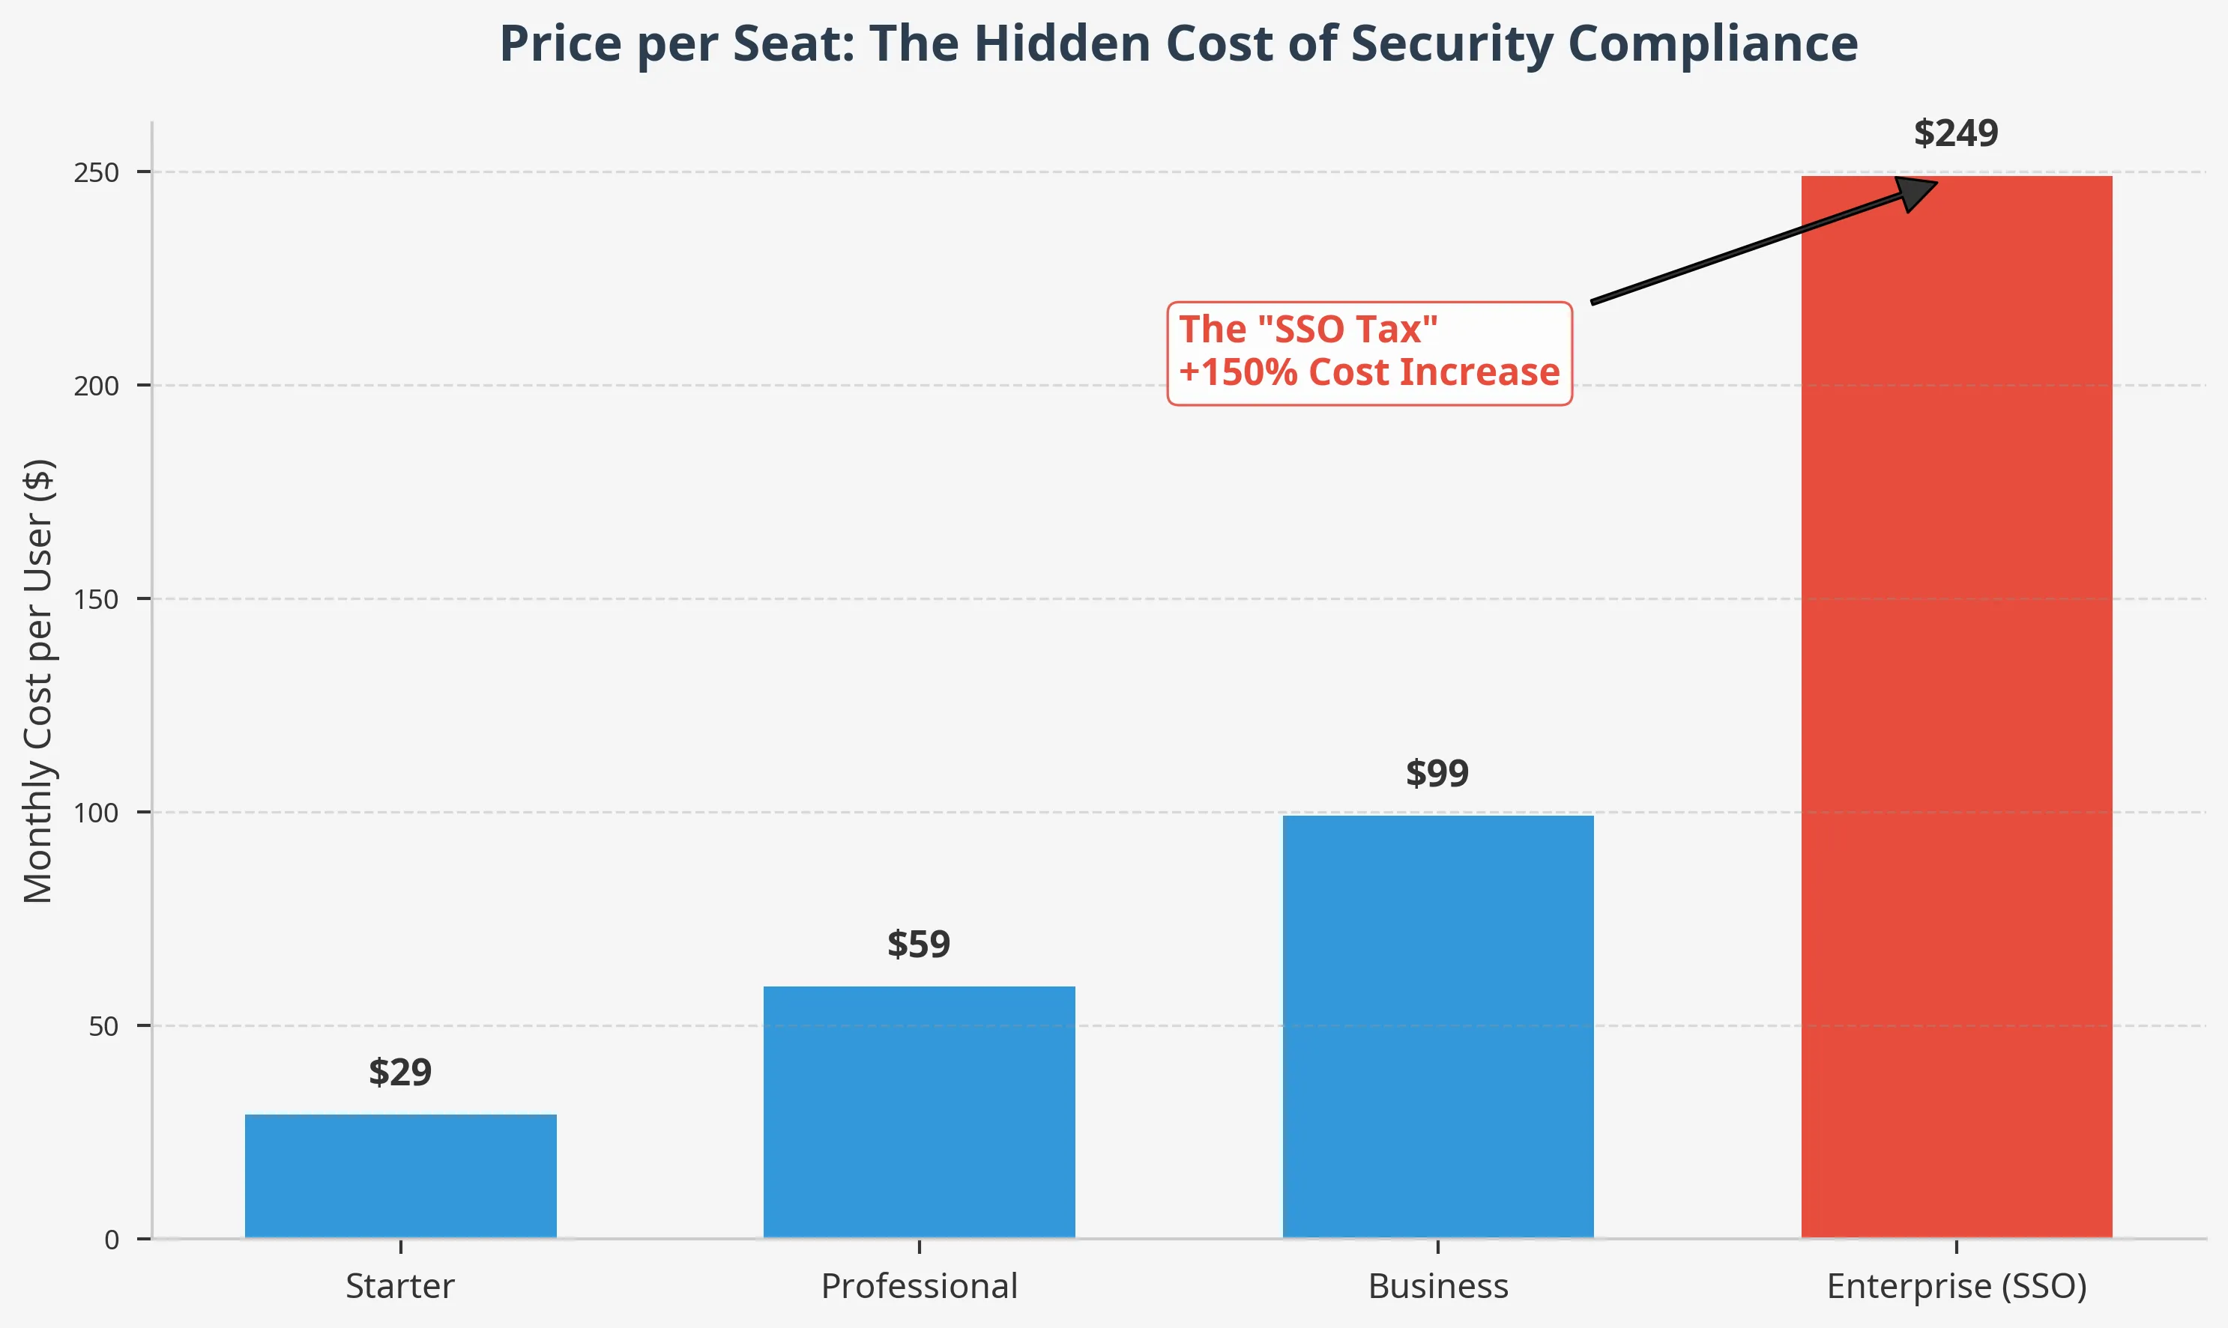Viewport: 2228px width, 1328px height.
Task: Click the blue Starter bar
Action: tap(400, 1176)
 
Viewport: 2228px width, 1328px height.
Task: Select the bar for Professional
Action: tap(919, 1112)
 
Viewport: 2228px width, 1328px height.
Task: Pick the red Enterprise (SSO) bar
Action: tap(1956, 707)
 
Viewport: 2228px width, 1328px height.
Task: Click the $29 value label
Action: tap(400, 1072)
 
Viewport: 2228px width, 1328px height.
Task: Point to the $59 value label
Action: tap(919, 944)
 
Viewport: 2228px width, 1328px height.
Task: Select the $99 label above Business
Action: tap(1437, 773)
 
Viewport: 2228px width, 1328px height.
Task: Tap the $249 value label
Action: tap(1955, 133)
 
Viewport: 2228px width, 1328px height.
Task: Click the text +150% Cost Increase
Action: tap(1368, 372)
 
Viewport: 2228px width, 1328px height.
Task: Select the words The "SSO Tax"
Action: tap(1308, 330)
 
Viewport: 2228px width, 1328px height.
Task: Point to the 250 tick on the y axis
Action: tap(97, 173)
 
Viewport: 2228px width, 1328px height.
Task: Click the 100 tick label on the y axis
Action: tap(97, 813)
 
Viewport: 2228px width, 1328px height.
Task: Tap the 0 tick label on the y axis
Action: tap(112, 1240)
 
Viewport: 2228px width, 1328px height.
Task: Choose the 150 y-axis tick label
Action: tap(97, 599)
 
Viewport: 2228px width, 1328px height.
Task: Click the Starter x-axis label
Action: tap(400, 1286)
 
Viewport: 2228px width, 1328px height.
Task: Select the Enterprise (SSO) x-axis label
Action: tap(1956, 1286)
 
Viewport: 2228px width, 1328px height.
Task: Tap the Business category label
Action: tap(1437, 1286)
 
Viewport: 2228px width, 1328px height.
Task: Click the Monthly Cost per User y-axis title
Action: tap(38, 680)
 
